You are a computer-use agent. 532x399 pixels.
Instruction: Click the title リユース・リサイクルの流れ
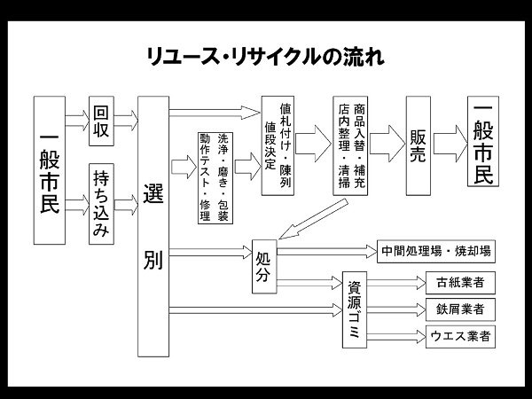pos(266,57)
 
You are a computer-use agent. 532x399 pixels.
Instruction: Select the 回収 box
pos(101,121)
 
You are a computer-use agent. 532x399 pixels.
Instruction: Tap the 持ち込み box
pos(101,204)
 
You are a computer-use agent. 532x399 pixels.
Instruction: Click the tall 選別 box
pos(153,226)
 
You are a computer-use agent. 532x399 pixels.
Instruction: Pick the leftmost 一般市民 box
pos(50,170)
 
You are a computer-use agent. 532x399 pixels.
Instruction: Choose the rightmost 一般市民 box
pos(483,142)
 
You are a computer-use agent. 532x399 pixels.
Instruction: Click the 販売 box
pos(419,146)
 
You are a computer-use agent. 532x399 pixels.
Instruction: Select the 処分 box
pos(264,267)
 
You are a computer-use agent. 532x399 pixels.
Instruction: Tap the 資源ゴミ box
pos(355,309)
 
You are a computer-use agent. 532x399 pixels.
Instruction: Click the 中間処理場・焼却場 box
pos(436,252)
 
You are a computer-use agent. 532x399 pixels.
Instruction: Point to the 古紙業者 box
pos(460,283)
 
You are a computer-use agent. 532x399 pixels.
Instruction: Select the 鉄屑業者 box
pos(460,309)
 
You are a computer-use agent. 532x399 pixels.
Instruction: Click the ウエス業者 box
pos(460,337)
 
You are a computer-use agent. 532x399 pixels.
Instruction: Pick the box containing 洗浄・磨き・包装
pos(215,178)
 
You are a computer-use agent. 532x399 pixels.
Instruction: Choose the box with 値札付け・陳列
pos(278,146)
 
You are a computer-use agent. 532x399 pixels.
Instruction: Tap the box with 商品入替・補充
pos(350,146)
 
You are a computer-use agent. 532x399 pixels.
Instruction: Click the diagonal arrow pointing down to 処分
pos(314,219)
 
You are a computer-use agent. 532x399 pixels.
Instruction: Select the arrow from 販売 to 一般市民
pos(450,144)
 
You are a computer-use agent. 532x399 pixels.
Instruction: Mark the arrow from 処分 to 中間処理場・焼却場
pos(327,252)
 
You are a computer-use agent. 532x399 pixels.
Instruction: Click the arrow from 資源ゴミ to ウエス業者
pos(396,337)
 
